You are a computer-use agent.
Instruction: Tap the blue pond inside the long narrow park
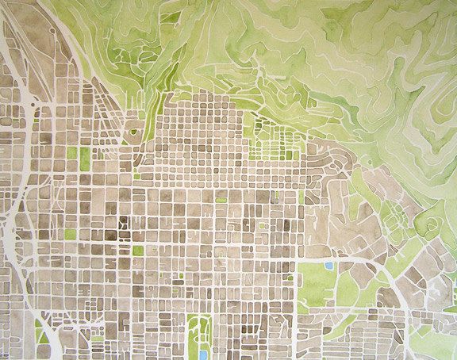coord(198,348)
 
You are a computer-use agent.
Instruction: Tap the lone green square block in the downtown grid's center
coord(138,251)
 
